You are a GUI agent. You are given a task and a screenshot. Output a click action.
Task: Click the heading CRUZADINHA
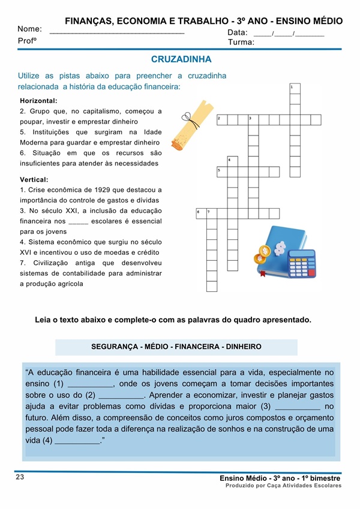pyautogui.click(x=181, y=60)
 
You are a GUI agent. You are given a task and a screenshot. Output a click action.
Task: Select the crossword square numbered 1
pyautogui.click(x=295, y=89)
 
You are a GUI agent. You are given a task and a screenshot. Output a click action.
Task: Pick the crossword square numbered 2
pyautogui.click(x=222, y=120)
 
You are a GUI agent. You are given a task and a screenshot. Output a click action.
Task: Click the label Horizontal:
pyautogui.click(x=38, y=101)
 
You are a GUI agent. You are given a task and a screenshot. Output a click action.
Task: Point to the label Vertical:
pyautogui.click(x=34, y=179)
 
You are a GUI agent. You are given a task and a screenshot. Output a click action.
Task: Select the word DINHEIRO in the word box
pyautogui.click(x=241, y=347)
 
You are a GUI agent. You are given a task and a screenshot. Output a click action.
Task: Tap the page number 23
pyautogui.click(x=20, y=477)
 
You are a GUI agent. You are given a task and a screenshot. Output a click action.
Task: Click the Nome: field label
pyautogui.click(x=29, y=29)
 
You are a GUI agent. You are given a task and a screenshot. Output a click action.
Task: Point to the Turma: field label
pyautogui.click(x=241, y=42)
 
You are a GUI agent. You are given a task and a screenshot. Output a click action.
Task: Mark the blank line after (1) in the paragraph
pyautogui.click(x=91, y=384)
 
